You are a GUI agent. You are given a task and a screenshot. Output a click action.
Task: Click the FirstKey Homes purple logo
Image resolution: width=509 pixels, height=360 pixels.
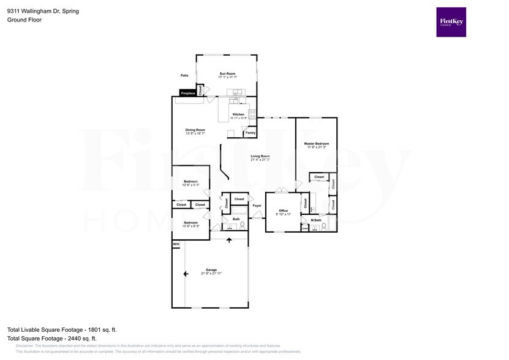pyautogui.click(x=451, y=22)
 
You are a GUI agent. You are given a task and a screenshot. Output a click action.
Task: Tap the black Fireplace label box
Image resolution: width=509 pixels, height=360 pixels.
pyautogui.click(x=187, y=93)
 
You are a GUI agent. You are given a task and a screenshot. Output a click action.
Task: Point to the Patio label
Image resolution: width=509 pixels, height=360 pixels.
pyautogui.click(x=184, y=76)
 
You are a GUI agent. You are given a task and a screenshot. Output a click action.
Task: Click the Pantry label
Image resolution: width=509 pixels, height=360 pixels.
pyautogui.click(x=250, y=132)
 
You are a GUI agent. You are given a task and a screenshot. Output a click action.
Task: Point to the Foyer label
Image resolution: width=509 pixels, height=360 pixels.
pyautogui.click(x=257, y=205)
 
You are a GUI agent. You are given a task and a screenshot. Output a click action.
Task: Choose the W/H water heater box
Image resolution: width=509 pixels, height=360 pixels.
pyautogui.click(x=176, y=244)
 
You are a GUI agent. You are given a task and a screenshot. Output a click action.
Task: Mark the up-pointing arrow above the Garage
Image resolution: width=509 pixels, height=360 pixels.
pyautogui.click(x=230, y=240)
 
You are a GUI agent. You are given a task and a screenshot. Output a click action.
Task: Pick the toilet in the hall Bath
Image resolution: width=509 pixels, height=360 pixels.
pyautogui.click(x=243, y=225)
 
